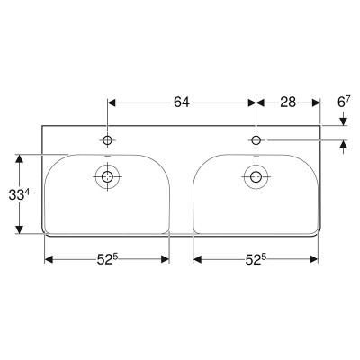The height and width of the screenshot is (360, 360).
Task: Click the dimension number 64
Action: coord(182,103)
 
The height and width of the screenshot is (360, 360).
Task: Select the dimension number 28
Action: coord(288,103)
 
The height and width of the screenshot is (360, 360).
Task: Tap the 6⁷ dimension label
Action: coord(344,103)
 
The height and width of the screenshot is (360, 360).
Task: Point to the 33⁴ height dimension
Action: coord(19,195)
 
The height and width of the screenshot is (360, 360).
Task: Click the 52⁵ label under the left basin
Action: coord(106,259)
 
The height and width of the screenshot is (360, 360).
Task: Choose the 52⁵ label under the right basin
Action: coord(256,259)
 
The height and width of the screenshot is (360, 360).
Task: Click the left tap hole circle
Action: coord(107,140)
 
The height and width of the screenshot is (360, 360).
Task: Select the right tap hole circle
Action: coord(256,140)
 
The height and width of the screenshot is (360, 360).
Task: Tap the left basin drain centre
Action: coord(107,176)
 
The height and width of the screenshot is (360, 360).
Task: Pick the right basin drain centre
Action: coord(256,176)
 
